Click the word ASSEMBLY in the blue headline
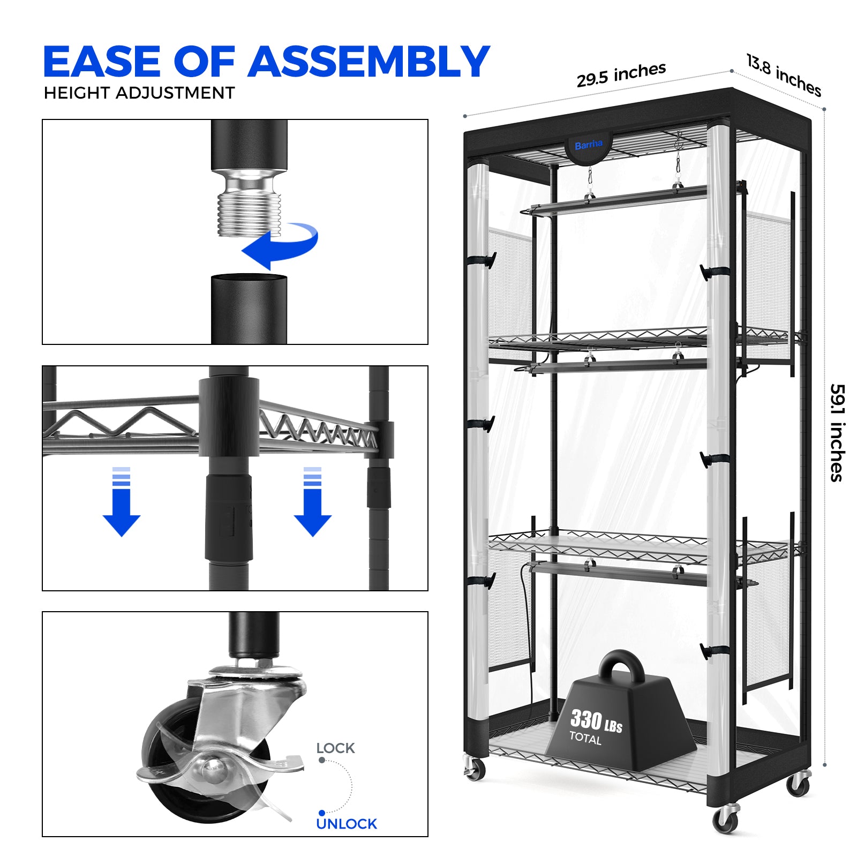(368, 62)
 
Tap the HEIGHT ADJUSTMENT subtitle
(139, 93)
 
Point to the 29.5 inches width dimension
(621, 74)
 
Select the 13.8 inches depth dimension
(784, 76)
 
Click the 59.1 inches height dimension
(837, 433)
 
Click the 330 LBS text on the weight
(596, 720)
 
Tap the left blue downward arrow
(122, 502)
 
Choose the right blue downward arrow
(313, 502)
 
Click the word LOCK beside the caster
(335, 748)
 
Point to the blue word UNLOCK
(347, 824)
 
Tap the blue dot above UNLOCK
(321, 813)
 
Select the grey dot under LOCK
(321, 760)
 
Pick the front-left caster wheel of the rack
(473, 769)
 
